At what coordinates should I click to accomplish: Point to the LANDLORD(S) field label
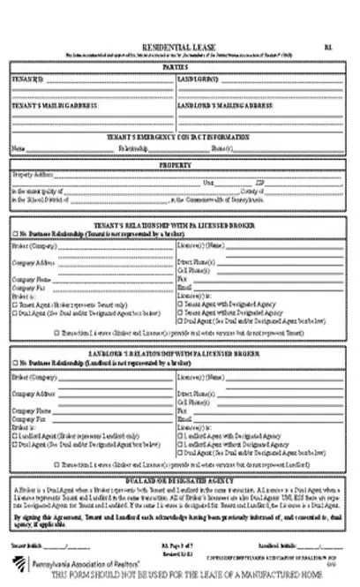coord(199,79)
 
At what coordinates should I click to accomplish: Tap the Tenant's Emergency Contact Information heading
coord(179,138)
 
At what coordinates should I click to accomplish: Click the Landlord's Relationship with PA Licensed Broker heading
coord(179,353)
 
